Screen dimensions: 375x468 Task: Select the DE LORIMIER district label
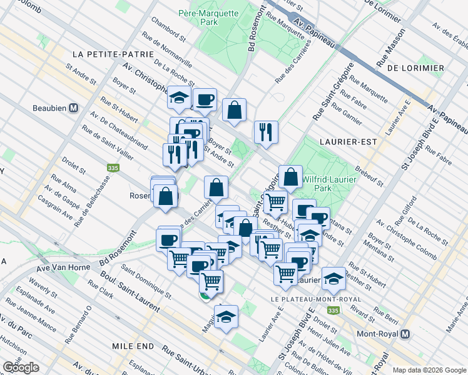pos(415,67)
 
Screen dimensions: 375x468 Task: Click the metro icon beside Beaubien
pos(74,107)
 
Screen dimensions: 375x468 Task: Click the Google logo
pos(21,367)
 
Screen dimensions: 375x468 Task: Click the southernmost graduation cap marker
pos(226,316)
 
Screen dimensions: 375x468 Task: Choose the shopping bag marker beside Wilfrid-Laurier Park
pos(291,177)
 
